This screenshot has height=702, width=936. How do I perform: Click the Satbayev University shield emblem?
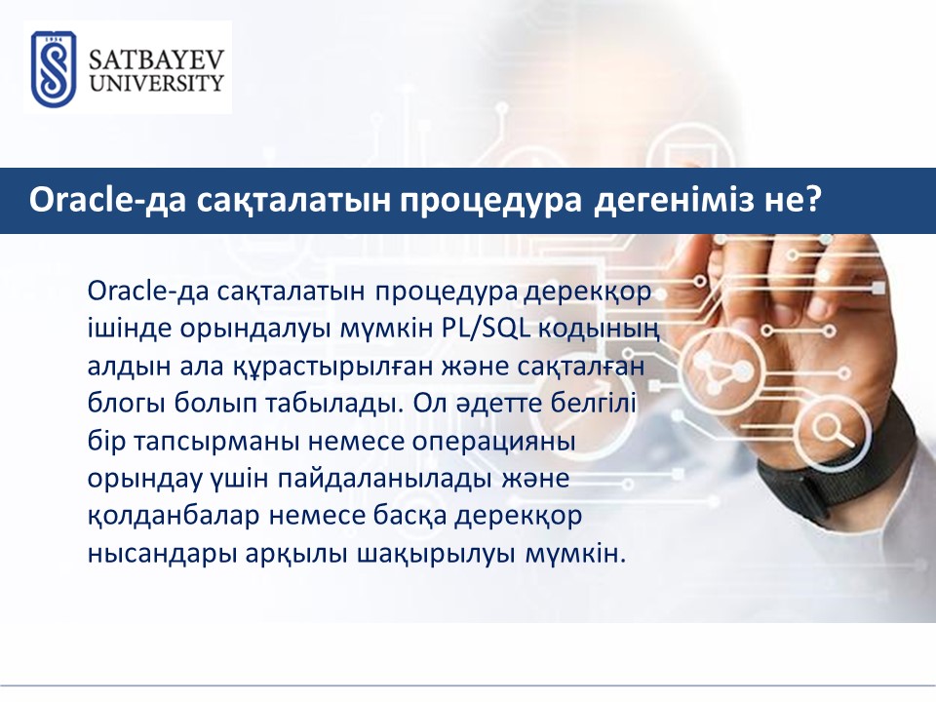(x=53, y=68)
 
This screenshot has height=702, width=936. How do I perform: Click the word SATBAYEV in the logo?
(x=156, y=59)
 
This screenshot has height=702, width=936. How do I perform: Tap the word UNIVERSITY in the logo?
(x=156, y=83)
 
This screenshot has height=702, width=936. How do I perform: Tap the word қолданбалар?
(x=174, y=517)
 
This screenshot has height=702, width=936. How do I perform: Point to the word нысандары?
(x=162, y=555)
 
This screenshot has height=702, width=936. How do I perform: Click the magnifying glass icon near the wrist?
(x=834, y=430)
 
